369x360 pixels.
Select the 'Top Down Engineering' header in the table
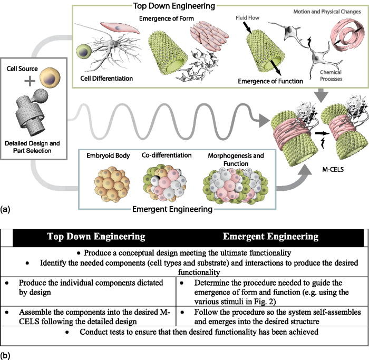[x=95, y=236]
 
